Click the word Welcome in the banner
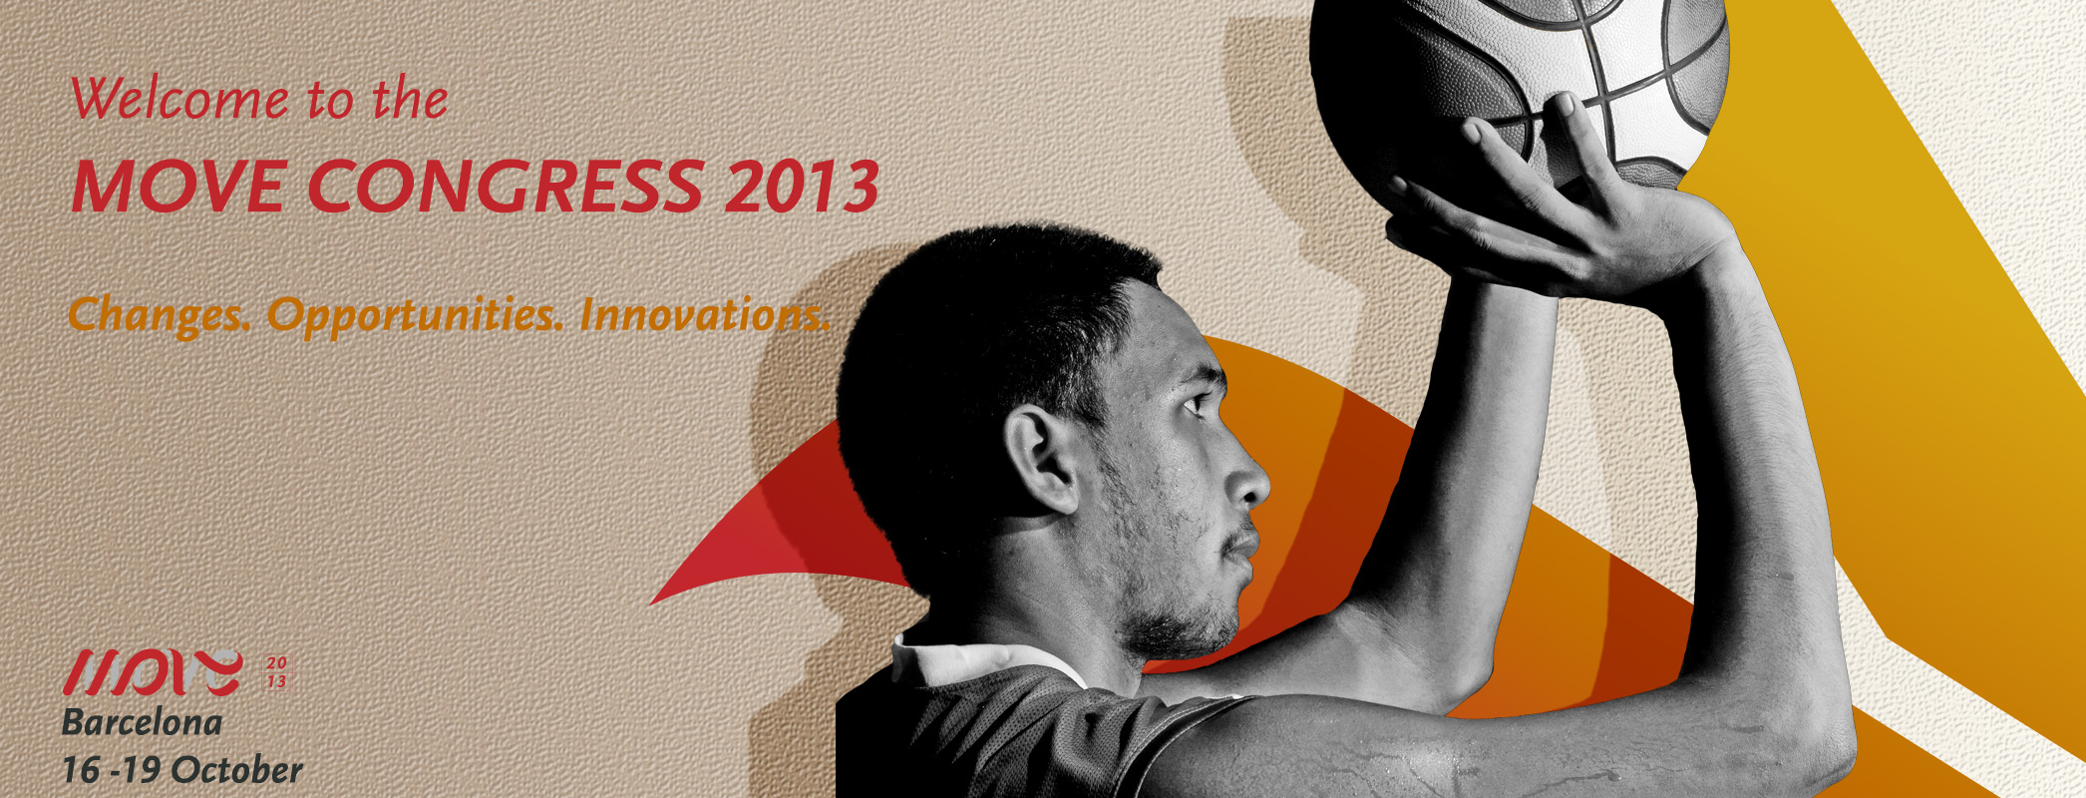[x=179, y=99]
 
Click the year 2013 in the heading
[x=802, y=186]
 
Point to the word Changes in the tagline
[x=159, y=316]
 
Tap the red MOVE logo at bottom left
[x=153, y=672]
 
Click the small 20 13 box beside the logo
[x=275, y=672]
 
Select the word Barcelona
[x=142, y=722]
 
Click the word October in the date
[x=237, y=770]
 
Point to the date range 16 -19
[x=112, y=770]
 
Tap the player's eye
[x=1194, y=405]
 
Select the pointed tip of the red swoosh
[x=652, y=603]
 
